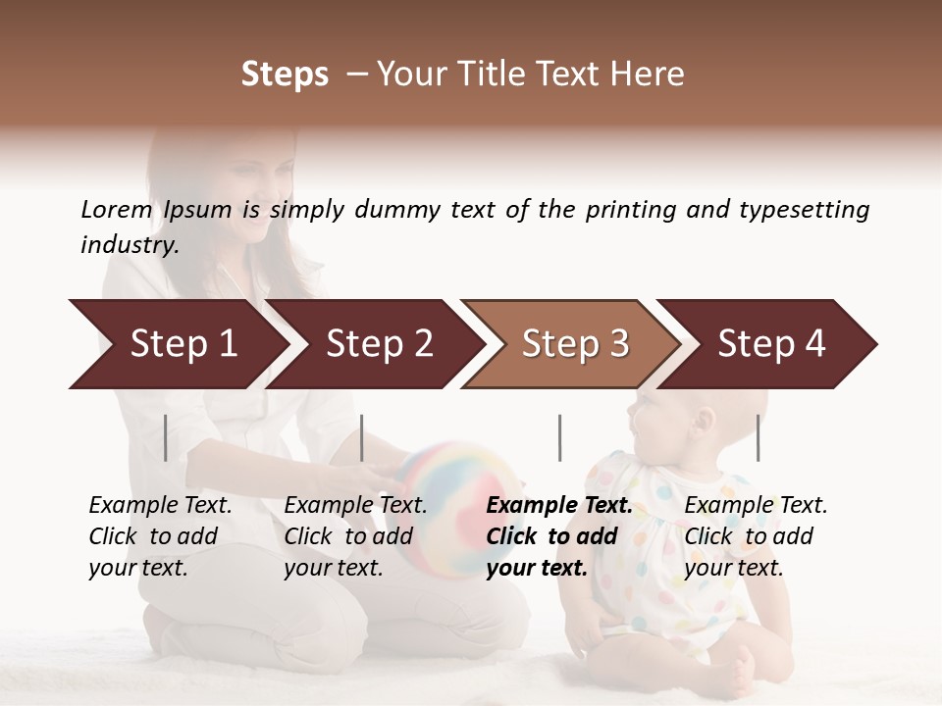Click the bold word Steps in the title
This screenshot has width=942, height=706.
[285, 75]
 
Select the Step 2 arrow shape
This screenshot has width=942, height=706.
[379, 344]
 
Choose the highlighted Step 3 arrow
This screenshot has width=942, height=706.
[575, 344]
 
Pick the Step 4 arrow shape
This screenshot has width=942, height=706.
[771, 344]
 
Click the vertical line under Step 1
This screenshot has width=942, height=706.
[166, 437]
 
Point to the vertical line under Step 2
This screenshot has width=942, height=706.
[362, 437]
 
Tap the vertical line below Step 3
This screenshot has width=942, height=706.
[559, 437]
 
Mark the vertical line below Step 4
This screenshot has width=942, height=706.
[758, 437]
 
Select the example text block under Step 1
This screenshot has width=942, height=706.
[160, 536]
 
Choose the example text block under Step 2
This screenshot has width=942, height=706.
[355, 536]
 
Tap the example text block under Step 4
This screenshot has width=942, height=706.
[756, 536]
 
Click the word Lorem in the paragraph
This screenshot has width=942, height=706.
[116, 210]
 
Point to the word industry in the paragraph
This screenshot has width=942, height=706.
[130, 245]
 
